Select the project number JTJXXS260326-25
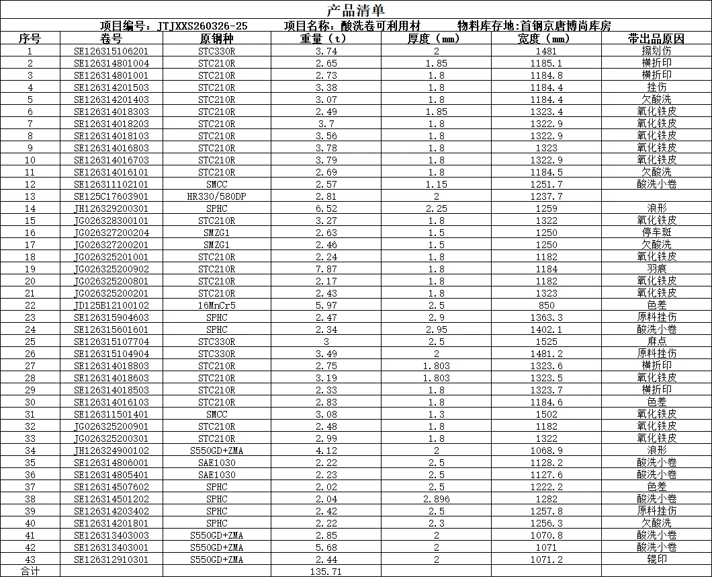[x=202, y=26]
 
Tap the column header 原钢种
[x=216, y=39]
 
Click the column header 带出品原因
[x=656, y=39]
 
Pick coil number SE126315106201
[x=112, y=51]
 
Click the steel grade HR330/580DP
[x=216, y=196]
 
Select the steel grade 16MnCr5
[x=216, y=305]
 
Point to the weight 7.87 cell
[x=326, y=269]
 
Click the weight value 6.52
[x=326, y=208]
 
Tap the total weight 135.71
[x=326, y=572]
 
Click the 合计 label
[x=30, y=572]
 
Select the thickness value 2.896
[x=437, y=499]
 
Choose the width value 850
[x=547, y=305]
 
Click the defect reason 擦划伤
[x=656, y=51]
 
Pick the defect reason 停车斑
[x=656, y=233]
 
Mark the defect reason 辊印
[x=656, y=560]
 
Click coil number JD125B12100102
[x=112, y=305]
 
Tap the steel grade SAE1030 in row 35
[x=216, y=463]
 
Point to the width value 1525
[x=547, y=342]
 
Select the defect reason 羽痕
[x=656, y=269]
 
